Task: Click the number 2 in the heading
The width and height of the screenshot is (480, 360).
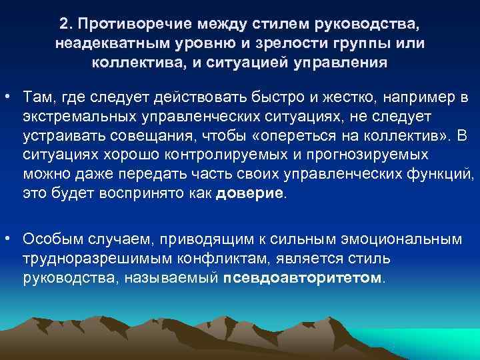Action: (x=63, y=24)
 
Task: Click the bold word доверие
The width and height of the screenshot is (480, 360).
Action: (x=250, y=194)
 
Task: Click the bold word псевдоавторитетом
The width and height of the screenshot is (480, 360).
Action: (x=303, y=276)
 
